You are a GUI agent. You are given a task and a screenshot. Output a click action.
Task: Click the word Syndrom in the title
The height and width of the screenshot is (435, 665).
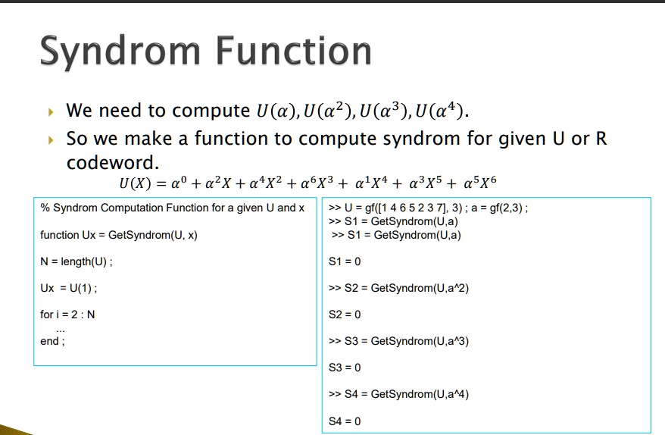coord(120,52)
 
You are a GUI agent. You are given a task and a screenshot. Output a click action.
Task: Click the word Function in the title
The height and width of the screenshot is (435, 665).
coord(294,51)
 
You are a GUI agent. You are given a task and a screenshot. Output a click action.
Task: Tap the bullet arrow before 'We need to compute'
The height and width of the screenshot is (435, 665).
coord(52,112)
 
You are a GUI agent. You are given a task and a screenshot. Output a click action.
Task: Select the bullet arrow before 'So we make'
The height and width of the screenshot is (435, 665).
coord(52,139)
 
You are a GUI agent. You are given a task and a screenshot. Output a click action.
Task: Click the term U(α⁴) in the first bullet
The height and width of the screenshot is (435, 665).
coord(439,111)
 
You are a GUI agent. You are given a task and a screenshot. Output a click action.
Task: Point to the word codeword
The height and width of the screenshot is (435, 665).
coord(112,162)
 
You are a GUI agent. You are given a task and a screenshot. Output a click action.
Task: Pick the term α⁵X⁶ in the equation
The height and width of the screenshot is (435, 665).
coord(480,183)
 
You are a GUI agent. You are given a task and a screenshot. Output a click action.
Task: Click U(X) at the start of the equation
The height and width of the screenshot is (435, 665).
coord(135,183)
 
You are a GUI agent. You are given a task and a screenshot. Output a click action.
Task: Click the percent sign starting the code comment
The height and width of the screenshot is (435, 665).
coord(45,208)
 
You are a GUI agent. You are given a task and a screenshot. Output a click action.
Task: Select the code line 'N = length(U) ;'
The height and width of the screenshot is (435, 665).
coord(76,261)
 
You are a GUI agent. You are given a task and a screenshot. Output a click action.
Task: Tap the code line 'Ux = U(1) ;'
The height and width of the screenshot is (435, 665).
coord(69,288)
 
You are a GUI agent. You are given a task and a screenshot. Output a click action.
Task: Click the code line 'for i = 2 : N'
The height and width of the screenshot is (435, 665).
coord(67,315)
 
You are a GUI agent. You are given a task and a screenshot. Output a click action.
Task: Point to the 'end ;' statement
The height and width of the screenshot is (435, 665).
coord(52,341)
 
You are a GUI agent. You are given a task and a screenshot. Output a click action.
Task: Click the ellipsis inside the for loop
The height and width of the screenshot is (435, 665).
coord(61,330)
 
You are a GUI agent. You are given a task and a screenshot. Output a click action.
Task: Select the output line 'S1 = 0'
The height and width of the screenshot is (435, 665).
coord(345,261)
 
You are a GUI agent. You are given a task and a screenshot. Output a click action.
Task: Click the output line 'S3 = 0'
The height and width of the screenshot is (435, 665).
coord(345,368)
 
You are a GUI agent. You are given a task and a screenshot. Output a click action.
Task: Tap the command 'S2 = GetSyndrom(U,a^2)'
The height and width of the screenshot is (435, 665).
coord(406,288)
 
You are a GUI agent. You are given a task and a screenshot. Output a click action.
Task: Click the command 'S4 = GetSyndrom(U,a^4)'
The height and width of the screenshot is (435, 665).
coord(406,394)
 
